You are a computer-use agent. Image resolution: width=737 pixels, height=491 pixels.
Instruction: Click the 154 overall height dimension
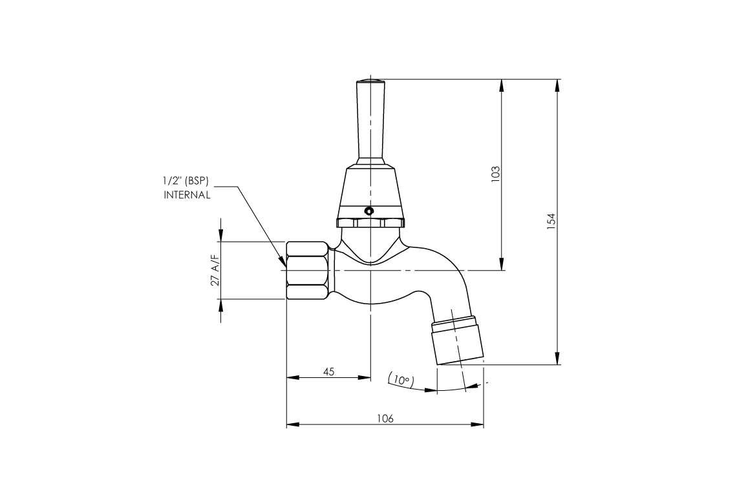(x=551, y=222)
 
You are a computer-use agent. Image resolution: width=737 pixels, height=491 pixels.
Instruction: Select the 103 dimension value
(x=495, y=174)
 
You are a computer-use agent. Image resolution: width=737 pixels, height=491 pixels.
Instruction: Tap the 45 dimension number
(x=328, y=371)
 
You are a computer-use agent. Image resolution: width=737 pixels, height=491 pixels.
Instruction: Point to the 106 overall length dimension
(x=385, y=418)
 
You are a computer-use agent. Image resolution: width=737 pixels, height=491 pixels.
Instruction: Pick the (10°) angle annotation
(x=401, y=381)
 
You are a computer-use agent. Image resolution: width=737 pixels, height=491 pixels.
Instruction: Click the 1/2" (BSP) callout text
(x=187, y=183)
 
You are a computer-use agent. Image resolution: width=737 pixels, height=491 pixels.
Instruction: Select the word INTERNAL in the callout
(x=187, y=195)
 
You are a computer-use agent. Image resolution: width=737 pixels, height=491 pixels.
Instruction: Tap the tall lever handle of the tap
(x=370, y=123)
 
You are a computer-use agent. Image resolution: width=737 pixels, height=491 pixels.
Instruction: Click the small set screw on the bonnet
(x=368, y=211)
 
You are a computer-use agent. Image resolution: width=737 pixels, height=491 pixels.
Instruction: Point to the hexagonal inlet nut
(x=308, y=270)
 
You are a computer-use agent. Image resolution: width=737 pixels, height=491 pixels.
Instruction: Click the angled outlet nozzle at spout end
(x=458, y=340)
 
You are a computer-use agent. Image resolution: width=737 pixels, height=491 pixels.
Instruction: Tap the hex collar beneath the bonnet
(x=370, y=223)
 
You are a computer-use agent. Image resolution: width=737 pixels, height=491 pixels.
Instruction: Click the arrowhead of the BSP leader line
(x=283, y=264)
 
